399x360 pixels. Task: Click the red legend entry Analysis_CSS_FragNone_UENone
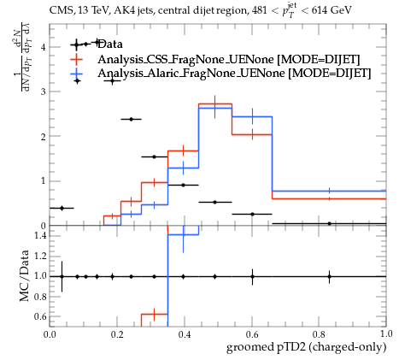[229, 59]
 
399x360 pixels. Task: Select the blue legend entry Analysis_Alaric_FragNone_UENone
[234, 74]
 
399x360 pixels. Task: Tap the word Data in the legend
[110, 44]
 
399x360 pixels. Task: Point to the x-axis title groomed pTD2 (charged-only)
[306, 347]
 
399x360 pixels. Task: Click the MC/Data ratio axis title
[24, 275]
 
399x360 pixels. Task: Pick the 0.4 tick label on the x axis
[185, 334]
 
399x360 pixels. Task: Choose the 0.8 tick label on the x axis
[319, 334]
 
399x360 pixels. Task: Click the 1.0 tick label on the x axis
[386, 334]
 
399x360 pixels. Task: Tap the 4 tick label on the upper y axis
[44, 47]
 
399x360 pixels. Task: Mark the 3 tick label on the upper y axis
[44, 91]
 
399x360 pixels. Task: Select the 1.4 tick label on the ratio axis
[40, 235]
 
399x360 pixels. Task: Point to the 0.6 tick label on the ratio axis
[40, 316]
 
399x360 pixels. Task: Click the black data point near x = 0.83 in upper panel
[330, 224]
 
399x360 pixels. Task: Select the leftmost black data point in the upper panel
[62, 208]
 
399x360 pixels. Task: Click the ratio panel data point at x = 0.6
[252, 276]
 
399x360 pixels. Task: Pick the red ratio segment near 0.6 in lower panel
[155, 314]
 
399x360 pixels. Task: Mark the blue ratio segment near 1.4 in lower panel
[183, 235]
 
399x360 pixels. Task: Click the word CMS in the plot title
[59, 10]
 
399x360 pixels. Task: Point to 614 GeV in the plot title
[332, 10]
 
